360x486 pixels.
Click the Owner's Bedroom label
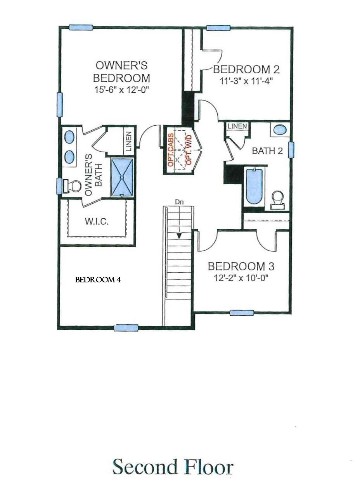(121, 71)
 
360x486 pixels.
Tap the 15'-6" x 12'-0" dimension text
(121, 90)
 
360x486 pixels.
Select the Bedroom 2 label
(246, 69)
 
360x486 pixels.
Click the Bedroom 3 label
(241, 266)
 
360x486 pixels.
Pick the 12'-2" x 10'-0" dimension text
(241, 278)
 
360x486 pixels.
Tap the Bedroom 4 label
(98, 280)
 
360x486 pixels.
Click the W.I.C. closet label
(97, 222)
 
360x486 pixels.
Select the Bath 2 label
(267, 150)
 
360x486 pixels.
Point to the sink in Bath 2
(280, 130)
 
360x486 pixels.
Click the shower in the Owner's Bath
(122, 177)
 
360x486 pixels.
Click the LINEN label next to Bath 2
(237, 126)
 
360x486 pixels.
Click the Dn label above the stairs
(178, 202)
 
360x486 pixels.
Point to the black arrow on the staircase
(179, 235)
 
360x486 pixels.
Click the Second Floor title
(173, 467)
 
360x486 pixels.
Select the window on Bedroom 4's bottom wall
(126, 327)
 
